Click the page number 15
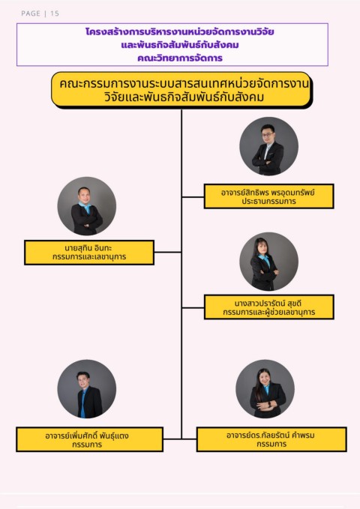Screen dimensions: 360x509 pyautogui.click(x=55, y=13)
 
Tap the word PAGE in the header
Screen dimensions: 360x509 pyautogui.click(x=31, y=13)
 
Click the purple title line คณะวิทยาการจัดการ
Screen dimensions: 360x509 pyautogui.click(x=180, y=58)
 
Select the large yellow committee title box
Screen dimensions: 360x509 pyautogui.click(x=181, y=90)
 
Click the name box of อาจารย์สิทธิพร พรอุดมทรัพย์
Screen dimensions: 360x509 pyautogui.click(x=268, y=196)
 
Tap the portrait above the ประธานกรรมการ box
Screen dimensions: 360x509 pyautogui.click(x=268, y=146)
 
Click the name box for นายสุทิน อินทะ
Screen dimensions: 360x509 pyautogui.click(x=89, y=253)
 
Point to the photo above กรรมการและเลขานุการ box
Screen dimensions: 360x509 pyautogui.click(x=87, y=206)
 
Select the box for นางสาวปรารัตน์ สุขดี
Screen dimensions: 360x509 pyautogui.click(x=268, y=307)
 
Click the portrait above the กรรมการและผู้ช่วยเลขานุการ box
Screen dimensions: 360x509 pyautogui.click(x=268, y=262)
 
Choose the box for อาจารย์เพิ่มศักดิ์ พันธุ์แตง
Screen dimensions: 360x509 pyautogui.click(x=89, y=439)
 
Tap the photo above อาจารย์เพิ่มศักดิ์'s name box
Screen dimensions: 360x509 pyautogui.click(x=87, y=389)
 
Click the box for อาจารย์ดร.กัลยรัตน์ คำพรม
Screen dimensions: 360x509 pyautogui.click(x=271, y=439)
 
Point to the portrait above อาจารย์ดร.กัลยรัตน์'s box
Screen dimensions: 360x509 pyautogui.click(x=265, y=389)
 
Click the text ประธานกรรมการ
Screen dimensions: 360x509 pyautogui.click(x=268, y=201)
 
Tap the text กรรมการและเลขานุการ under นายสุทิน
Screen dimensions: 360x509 pyautogui.click(x=89, y=257)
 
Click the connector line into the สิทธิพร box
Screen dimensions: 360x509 pyautogui.click(x=193, y=196)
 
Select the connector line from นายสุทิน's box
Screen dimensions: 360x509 pyautogui.click(x=168, y=252)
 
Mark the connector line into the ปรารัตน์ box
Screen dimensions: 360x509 pyautogui.click(x=193, y=307)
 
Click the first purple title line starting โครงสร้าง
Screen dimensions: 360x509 pyautogui.click(x=180, y=31)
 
